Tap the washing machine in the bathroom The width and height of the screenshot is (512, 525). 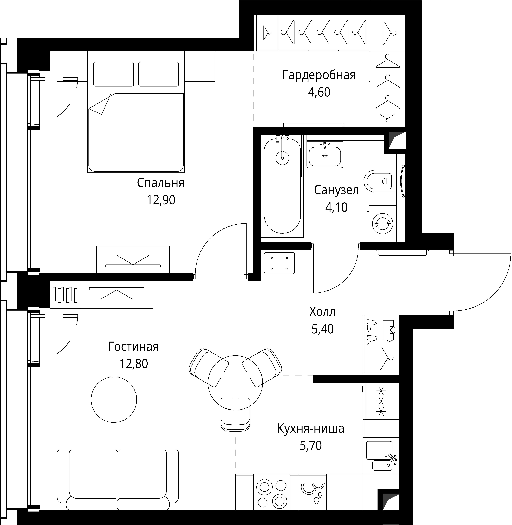382,223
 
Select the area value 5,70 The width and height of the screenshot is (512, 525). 311,446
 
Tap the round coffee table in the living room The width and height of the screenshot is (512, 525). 114,399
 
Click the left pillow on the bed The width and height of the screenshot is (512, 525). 113,74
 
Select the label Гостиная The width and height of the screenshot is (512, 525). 133,347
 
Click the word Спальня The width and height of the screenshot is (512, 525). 161,183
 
